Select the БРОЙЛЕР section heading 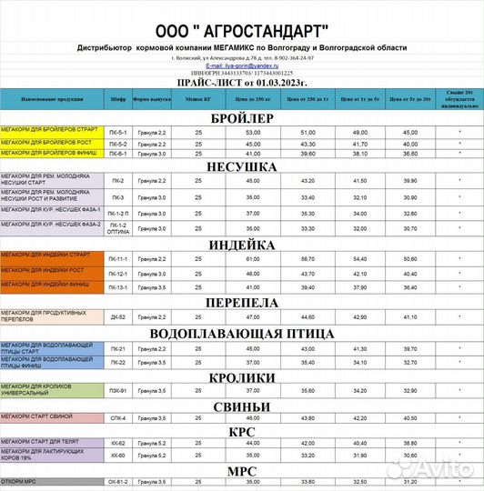click(241, 118)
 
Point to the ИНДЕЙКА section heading click(241, 245)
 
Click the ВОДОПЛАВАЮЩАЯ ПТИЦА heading click(241, 334)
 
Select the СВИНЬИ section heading click(241, 406)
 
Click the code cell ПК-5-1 click(117, 133)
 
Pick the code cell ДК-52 click(117, 316)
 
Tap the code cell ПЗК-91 click(117, 391)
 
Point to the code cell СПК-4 click(117, 418)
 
